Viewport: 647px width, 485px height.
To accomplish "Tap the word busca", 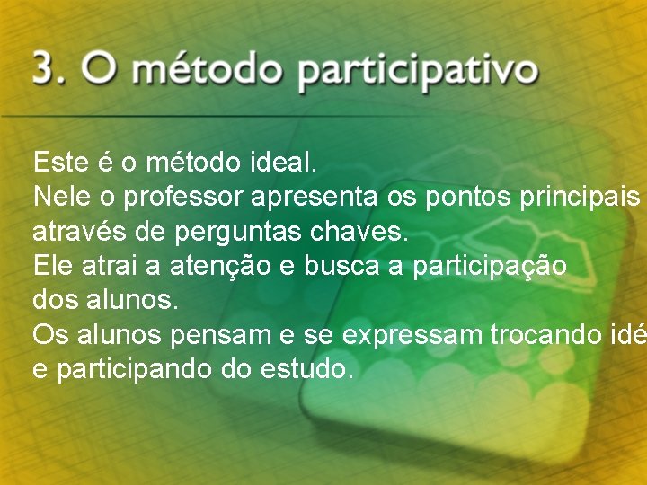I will pyautogui.click(x=341, y=267).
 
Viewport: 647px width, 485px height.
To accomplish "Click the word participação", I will pyautogui.click(x=490, y=267).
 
